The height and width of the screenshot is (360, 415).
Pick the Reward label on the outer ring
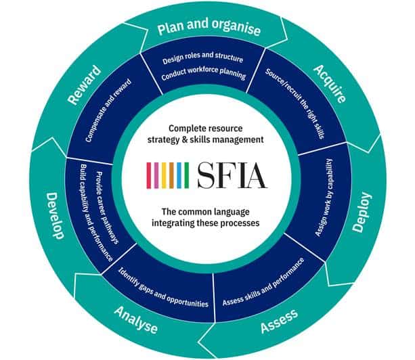tap(83, 85)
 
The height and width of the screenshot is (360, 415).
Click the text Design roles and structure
tap(201, 60)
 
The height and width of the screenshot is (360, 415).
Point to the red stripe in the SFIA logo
tap(148, 175)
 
